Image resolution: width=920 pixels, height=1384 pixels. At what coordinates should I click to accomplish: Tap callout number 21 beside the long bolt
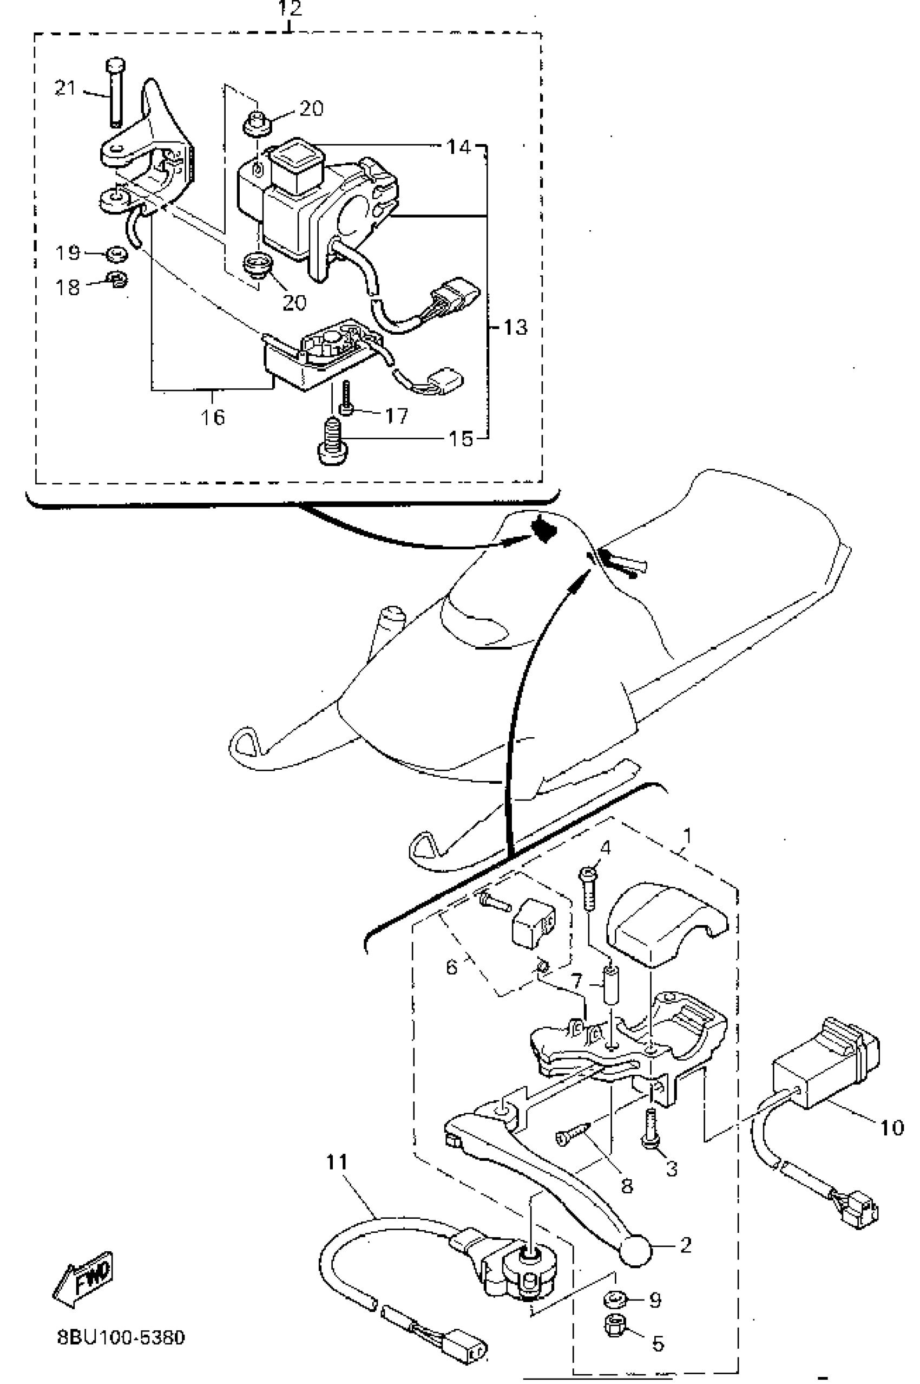pyautogui.click(x=65, y=89)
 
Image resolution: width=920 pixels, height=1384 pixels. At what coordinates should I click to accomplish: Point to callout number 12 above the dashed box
pyautogui.click(x=290, y=9)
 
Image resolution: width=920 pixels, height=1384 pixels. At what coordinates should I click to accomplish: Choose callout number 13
pyautogui.click(x=515, y=327)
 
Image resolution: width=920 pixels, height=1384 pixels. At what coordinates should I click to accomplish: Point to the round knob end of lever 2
pyautogui.click(x=636, y=1250)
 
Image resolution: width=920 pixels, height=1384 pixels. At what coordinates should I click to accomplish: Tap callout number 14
pyautogui.click(x=459, y=147)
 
